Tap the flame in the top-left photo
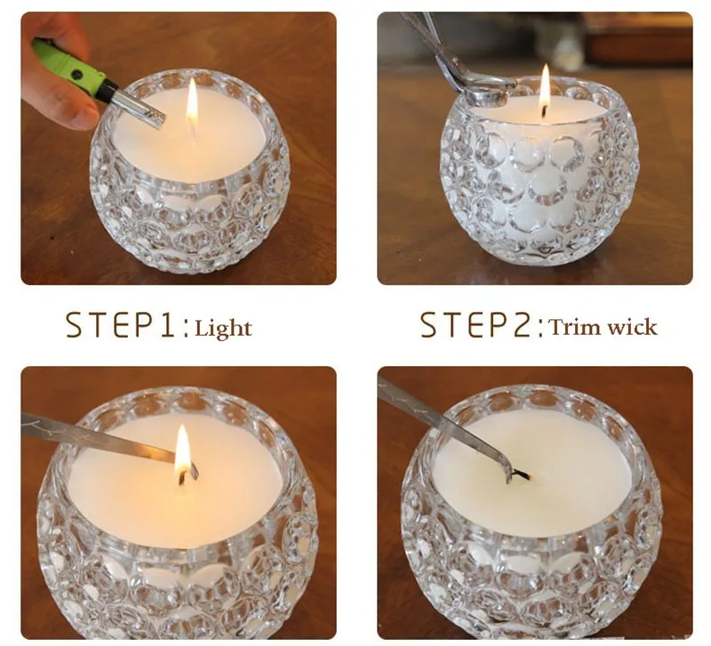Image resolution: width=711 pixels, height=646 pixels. coord(192,102)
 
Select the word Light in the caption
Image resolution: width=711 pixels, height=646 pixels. coord(223,328)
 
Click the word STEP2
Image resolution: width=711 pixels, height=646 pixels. coord(475,325)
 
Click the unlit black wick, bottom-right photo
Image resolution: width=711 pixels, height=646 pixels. coord(521,475)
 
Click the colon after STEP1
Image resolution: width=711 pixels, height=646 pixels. coord(185,329)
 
